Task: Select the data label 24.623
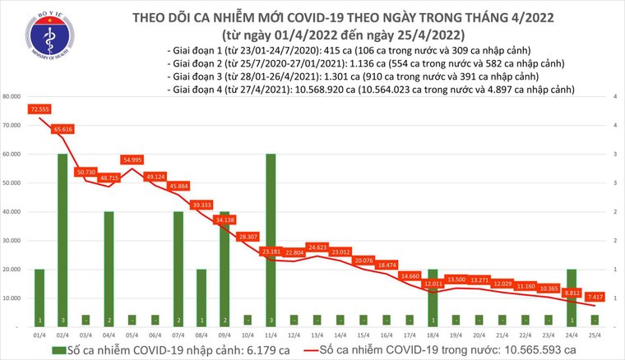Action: tap(317, 247)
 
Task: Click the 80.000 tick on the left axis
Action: tap(12, 97)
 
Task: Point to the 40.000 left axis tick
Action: tap(12, 212)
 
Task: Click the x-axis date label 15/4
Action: tap(363, 335)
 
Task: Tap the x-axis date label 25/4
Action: tap(595, 335)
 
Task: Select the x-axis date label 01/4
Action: tap(39, 335)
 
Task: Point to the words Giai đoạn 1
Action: tap(193, 50)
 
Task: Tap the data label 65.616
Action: tap(64, 129)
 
